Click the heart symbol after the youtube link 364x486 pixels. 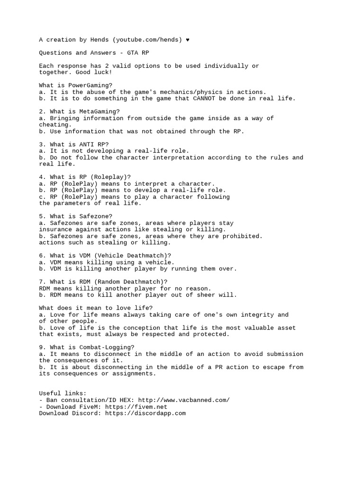pos(188,40)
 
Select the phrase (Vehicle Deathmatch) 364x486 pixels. pos(133,255)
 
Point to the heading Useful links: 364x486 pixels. pos(63,393)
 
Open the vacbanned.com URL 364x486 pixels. pos(182,400)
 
